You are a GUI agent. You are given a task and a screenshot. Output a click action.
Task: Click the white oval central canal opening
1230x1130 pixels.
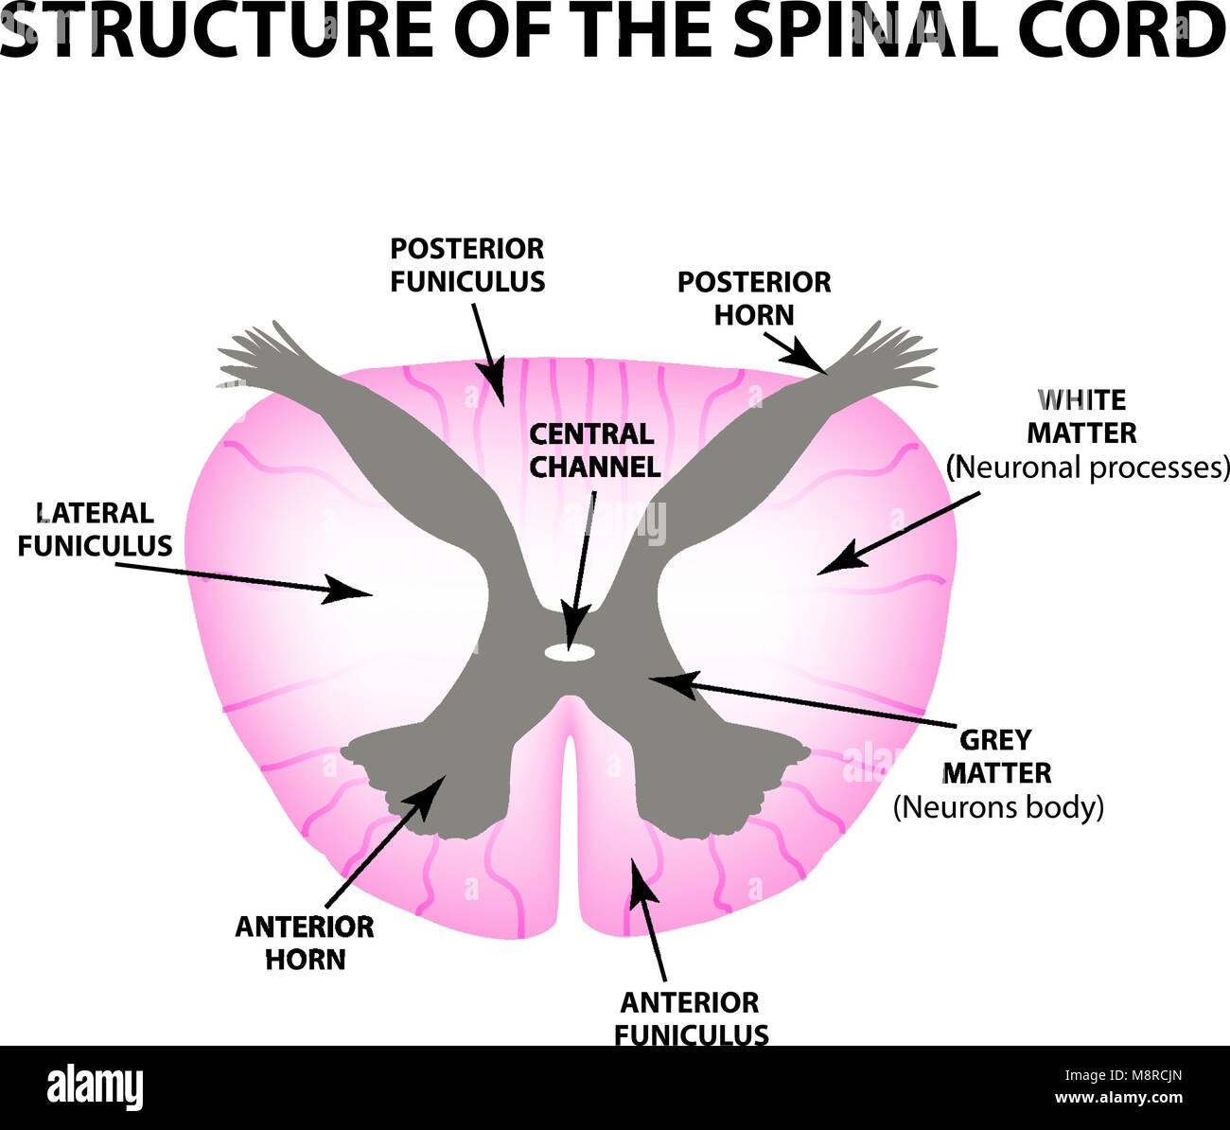569,651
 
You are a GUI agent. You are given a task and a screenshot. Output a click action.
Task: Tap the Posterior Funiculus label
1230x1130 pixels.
467,265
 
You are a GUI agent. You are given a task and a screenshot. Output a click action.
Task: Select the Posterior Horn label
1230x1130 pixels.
754,298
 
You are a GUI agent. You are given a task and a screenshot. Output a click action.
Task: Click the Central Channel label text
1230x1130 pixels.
593,450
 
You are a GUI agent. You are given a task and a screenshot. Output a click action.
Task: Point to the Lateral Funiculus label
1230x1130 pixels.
95,529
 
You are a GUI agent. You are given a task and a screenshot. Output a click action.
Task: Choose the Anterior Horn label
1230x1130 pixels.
305,943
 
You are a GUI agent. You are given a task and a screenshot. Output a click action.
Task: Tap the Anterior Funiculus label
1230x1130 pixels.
690,1018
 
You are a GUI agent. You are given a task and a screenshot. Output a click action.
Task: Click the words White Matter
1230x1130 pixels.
1081,416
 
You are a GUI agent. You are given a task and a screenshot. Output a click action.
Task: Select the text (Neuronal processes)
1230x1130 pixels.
1088,468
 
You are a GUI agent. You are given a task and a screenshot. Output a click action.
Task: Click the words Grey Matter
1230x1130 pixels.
996,756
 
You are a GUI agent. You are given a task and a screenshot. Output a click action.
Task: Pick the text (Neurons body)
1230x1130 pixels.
998,807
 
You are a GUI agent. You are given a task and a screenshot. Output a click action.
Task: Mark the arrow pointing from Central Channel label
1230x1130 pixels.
580,568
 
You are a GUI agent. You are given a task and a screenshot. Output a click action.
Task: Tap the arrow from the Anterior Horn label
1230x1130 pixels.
382,837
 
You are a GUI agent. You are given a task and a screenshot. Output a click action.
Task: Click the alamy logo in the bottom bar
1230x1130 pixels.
95,1088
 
